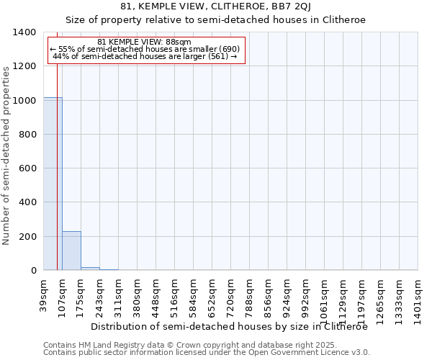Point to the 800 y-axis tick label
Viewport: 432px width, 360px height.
[x=28, y=135]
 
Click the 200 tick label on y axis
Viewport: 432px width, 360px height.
[x=28, y=237]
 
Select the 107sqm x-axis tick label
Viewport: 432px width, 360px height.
[x=63, y=294]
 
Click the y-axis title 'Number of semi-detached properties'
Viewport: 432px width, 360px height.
[x=6, y=155]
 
